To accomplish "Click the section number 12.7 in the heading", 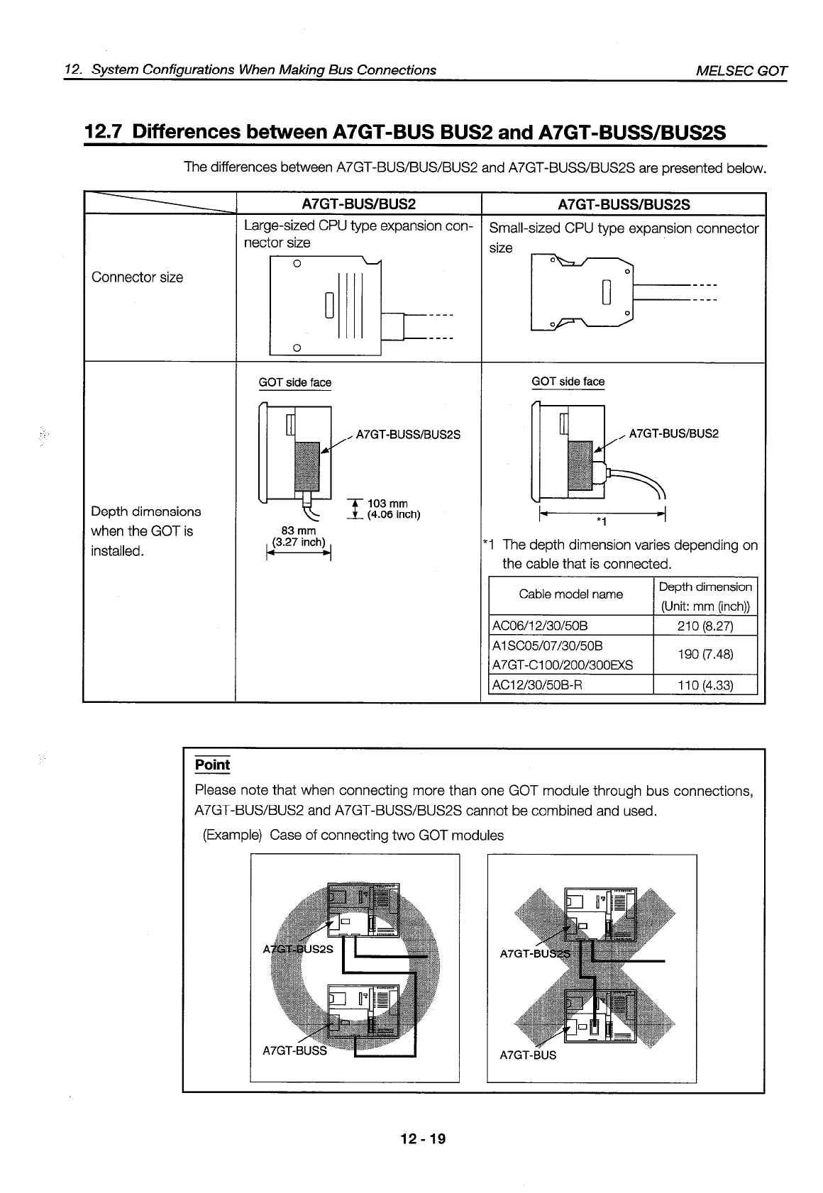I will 104,132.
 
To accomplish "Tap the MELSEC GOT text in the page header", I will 741,70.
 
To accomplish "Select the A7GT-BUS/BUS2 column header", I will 358,205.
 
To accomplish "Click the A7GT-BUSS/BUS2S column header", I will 624,205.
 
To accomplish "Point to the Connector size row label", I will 137,277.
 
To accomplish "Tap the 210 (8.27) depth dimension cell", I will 705,626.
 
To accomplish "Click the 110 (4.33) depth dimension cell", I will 705,685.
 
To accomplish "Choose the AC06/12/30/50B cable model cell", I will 540,626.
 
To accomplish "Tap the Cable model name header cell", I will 570,594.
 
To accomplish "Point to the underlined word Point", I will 212,765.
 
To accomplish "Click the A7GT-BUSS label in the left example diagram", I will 294,1050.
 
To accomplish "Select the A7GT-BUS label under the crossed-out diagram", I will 528,1055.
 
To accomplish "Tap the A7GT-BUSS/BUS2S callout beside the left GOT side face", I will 408,434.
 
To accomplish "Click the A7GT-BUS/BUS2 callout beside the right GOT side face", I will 673,433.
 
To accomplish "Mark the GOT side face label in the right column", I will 568,382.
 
